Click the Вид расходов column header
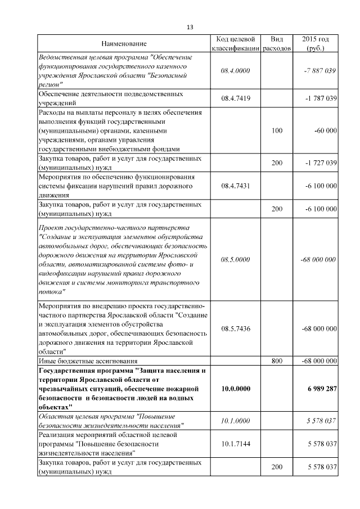(277, 44)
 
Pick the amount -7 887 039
(319, 71)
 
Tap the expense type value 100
(277, 130)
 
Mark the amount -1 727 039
(321, 163)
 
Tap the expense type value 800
(277, 361)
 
